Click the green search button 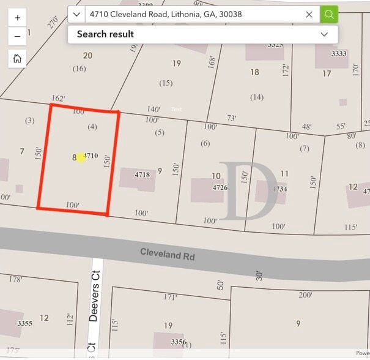tap(329, 14)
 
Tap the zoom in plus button tap(17, 18)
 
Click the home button tap(17, 59)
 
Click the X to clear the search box tap(309, 14)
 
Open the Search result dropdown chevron tap(324, 34)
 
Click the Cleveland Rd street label tap(167, 254)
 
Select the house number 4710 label tap(91, 156)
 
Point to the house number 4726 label tap(220, 187)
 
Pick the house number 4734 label tap(279, 189)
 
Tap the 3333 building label tap(338, 54)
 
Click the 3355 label tap(24, 323)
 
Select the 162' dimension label tap(59, 98)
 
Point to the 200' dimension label tap(305, 295)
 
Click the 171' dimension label tap(170, 297)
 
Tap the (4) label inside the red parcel tap(92, 127)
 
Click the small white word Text tap(177, 110)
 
